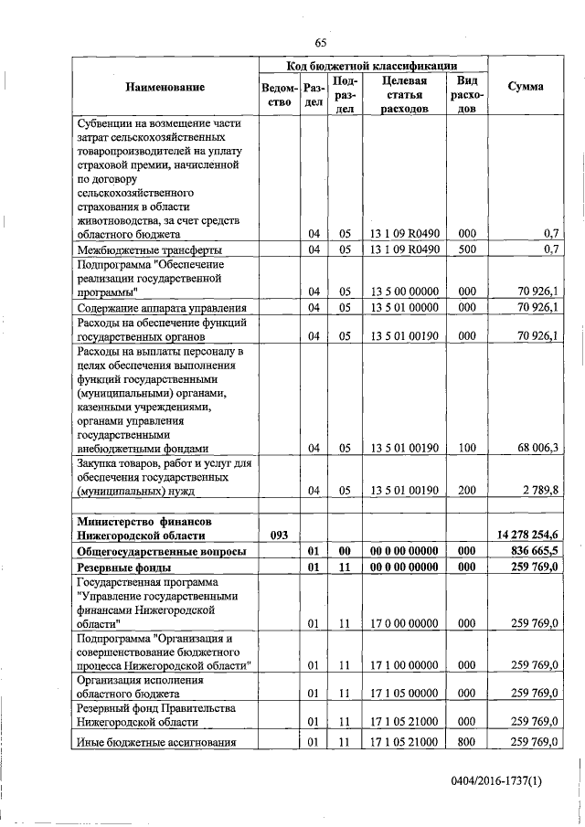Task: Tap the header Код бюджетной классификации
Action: (372, 66)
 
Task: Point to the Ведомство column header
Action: (277, 95)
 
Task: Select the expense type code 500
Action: (467, 249)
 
